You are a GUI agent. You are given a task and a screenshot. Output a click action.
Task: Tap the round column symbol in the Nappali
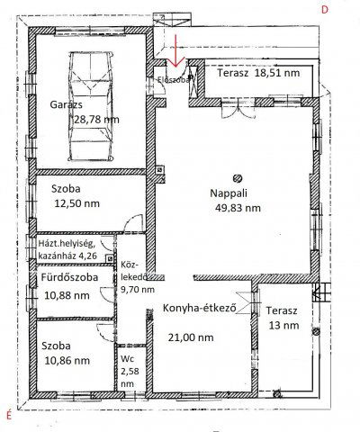point(238,176)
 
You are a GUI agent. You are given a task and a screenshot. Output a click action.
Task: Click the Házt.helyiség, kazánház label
point(71,249)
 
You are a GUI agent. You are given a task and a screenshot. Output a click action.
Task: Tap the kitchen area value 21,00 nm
point(192,337)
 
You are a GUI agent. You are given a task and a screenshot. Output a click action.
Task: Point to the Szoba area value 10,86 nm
point(66,360)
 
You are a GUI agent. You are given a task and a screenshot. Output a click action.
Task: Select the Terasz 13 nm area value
point(280,326)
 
